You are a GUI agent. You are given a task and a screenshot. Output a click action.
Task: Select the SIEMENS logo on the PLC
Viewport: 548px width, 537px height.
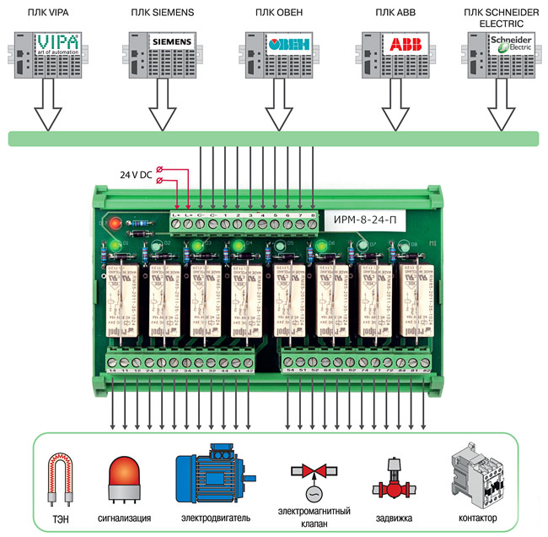point(172,41)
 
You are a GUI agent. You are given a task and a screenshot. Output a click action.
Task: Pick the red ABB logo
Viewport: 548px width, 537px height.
point(402,44)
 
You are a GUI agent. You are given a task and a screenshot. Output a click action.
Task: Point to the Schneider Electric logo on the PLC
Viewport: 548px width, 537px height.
point(512,46)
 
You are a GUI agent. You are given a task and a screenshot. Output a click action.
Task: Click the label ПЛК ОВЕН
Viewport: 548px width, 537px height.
point(278,14)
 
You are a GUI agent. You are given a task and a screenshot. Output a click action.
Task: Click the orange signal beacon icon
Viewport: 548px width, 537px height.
point(124,481)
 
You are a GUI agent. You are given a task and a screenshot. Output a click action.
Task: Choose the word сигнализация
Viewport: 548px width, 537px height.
point(124,518)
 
